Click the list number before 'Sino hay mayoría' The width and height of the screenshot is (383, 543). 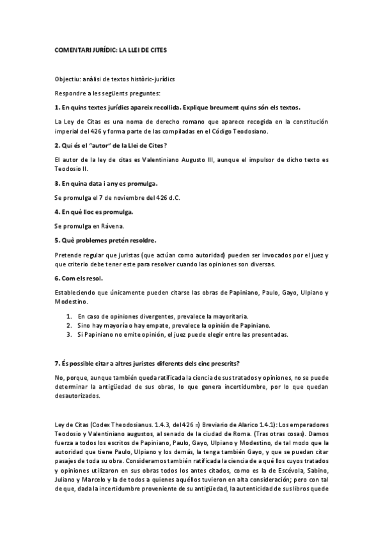(x=70, y=325)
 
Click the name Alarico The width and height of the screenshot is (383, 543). (x=246, y=425)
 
